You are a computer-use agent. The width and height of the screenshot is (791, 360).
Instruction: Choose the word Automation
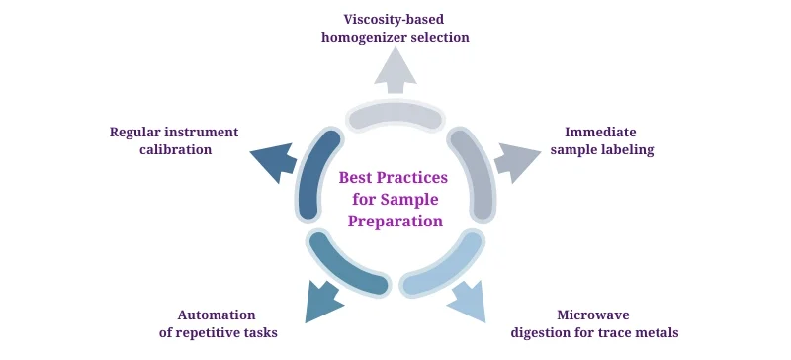[x=217, y=314]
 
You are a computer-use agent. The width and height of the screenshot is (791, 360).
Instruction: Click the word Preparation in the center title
[x=395, y=222]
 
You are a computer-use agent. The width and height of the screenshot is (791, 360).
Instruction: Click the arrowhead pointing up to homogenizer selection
[x=395, y=70]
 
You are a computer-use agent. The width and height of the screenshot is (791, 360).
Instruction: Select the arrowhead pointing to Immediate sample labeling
[x=513, y=159]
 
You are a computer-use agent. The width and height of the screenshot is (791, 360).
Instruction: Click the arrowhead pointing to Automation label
[x=322, y=301]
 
